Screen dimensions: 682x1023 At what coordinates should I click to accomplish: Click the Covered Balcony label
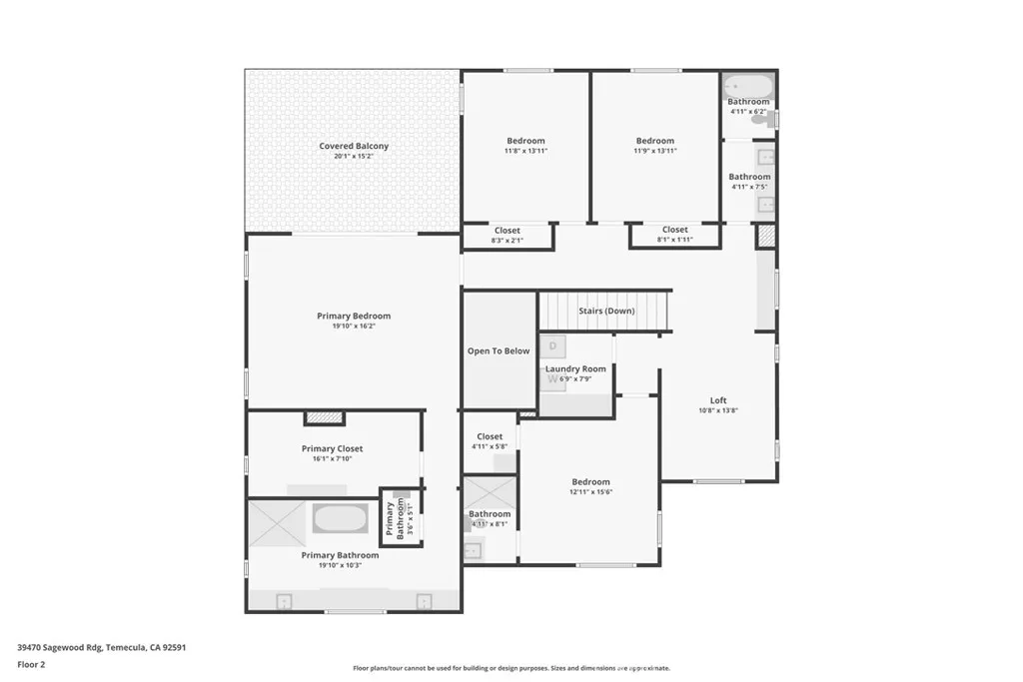point(354,146)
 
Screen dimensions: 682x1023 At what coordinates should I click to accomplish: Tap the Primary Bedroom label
point(354,316)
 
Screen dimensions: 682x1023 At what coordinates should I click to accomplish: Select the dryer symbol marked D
point(552,346)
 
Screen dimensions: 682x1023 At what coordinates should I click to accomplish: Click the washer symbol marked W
point(552,379)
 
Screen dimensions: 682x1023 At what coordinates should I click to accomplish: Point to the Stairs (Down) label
point(606,311)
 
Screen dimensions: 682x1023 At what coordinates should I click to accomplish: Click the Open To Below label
point(499,350)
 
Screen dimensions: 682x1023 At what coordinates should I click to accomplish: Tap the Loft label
point(718,399)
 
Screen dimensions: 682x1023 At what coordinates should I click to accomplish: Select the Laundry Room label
point(575,368)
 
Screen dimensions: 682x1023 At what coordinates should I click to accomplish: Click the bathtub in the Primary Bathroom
point(341,518)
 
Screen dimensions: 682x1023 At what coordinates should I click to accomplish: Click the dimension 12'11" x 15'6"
point(590,491)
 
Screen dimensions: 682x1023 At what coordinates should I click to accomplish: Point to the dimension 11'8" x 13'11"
point(525,151)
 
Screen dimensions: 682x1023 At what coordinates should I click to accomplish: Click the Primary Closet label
point(332,448)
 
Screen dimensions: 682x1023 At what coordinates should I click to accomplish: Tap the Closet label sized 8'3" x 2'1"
point(507,230)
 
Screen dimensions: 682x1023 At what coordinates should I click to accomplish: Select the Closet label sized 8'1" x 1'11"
point(674,230)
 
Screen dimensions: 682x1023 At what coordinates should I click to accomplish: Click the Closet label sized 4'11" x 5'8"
point(490,436)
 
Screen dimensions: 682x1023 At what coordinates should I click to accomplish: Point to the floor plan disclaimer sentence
point(511,668)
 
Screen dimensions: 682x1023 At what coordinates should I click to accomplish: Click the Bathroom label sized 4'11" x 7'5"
point(749,177)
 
